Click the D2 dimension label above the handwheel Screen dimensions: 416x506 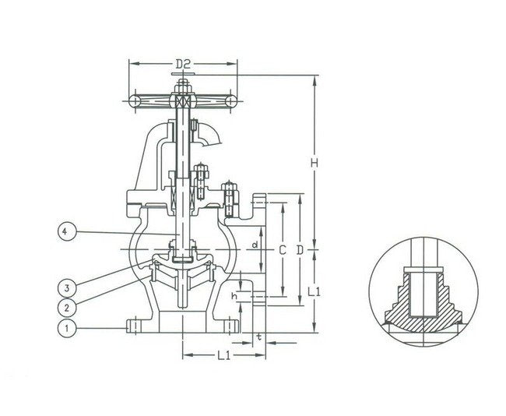183,63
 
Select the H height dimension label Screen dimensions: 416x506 314,163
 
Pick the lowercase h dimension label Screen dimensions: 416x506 234,296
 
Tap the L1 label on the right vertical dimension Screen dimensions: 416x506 315,291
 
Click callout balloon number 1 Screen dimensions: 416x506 68,329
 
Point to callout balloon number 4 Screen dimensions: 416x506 68,231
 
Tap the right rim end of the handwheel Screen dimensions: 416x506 230,102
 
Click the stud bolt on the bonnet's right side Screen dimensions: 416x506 230,199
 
